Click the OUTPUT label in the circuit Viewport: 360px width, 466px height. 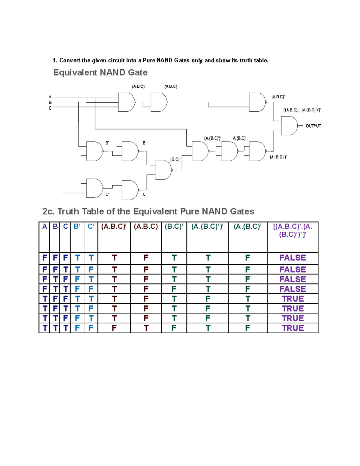[x=313, y=126]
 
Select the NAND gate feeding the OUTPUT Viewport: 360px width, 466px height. [x=289, y=126]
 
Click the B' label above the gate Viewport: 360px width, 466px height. [x=107, y=143]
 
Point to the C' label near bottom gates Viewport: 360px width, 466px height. [x=107, y=194]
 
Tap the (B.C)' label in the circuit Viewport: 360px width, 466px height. [x=175, y=159]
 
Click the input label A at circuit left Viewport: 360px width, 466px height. [x=50, y=97]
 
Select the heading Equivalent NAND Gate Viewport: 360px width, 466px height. [x=100, y=73]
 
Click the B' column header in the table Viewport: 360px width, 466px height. [x=77, y=227]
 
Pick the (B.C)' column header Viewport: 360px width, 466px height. [x=174, y=227]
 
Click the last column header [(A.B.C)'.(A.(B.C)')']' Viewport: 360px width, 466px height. [x=292, y=230]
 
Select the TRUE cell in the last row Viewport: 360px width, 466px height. [x=292, y=328]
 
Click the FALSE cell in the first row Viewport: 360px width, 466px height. [x=292, y=258]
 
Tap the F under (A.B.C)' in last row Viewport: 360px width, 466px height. [x=114, y=328]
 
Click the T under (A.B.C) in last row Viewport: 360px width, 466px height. [x=146, y=328]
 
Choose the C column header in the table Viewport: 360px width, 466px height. [x=65, y=227]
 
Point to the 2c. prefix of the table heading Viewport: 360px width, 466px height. [x=48, y=212]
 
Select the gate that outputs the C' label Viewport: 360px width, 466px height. [x=94, y=188]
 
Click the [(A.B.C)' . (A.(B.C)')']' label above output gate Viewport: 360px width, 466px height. [x=302, y=110]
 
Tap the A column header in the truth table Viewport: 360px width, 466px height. [x=44, y=227]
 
